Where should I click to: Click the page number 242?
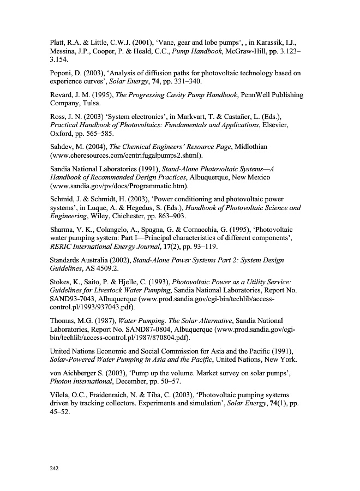pyautogui.click(x=54, y=468)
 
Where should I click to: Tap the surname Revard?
pyautogui.click(x=62, y=95)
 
